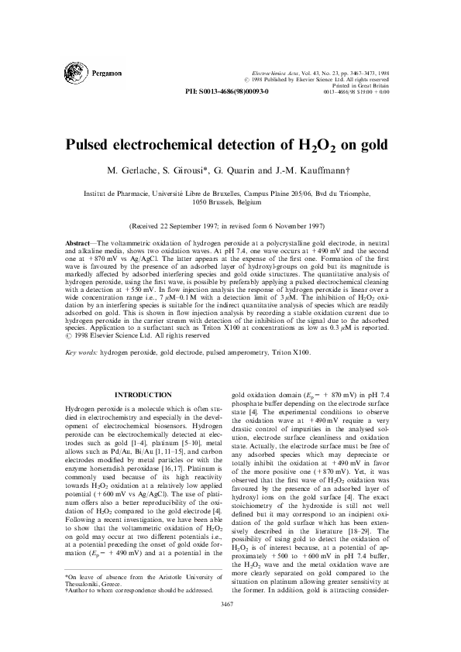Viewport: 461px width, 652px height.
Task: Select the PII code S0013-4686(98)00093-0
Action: point(235,91)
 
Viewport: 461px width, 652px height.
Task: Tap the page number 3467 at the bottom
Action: point(231,623)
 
